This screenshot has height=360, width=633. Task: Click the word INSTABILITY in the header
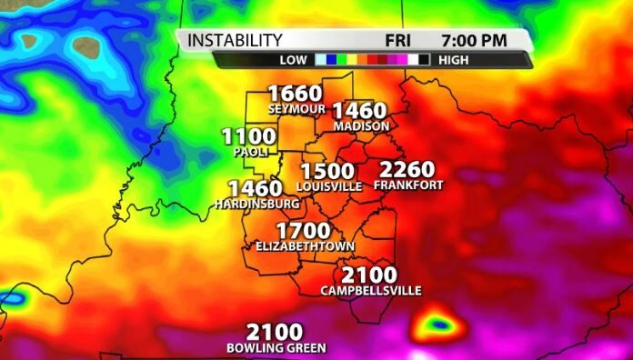click(236, 40)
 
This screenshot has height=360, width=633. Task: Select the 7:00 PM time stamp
click(474, 40)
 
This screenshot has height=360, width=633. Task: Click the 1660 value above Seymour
click(295, 93)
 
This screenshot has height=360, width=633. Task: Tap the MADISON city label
click(362, 125)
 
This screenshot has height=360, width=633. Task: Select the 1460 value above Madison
click(359, 110)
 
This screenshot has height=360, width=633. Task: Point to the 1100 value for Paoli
click(248, 137)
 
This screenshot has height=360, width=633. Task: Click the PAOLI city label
click(250, 152)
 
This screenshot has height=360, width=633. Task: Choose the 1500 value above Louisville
click(327, 171)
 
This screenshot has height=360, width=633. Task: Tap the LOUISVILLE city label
click(329, 186)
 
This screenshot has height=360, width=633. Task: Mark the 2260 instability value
click(407, 169)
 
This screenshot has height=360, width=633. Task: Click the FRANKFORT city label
click(408, 185)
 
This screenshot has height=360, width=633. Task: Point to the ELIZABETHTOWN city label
click(305, 246)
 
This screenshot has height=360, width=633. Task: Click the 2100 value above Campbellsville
click(369, 275)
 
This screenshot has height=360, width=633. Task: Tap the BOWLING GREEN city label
click(276, 348)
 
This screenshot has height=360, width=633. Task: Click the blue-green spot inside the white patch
click(439, 324)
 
